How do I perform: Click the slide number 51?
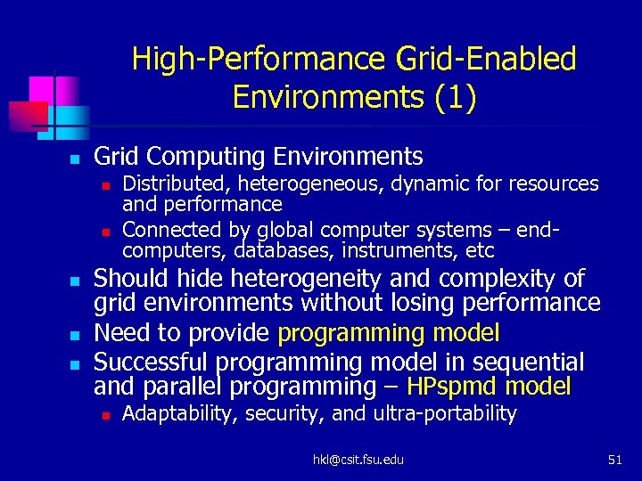pyautogui.click(x=614, y=460)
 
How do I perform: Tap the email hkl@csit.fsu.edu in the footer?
pyautogui.click(x=358, y=460)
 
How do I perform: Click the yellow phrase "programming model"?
pyautogui.click(x=389, y=333)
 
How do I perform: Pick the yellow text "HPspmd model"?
pyautogui.click(x=489, y=387)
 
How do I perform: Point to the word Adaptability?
pyautogui.click(x=177, y=413)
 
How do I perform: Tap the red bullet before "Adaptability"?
pyautogui.click(x=105, y=415)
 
